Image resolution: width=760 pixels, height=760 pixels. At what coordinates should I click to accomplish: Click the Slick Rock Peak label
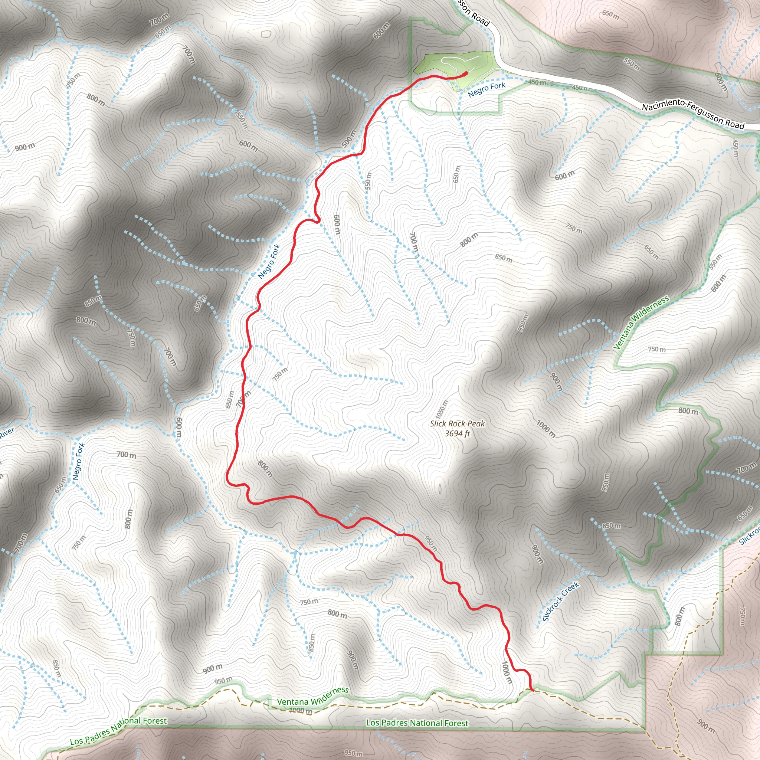pyautogui.click(x=457, y=424)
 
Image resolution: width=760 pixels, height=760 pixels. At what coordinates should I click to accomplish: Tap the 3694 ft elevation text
pyautogui.click(x=457, y=434)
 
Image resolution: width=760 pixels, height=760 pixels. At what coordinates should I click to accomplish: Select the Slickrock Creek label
pyautogui.click(x=561, y=602)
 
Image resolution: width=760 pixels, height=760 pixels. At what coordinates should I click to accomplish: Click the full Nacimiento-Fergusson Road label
pyautogui.click(x=693, y=116)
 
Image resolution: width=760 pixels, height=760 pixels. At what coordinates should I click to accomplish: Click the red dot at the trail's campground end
pyautogui.click(x=466, y=73)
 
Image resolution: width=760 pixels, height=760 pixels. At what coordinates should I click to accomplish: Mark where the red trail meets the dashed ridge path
pyautogui.click(x=532, y=689)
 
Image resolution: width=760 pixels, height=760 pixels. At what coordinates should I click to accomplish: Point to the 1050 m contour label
pyautogui.click(x=442, y=412)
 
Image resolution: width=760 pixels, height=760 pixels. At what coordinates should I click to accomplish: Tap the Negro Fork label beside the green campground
pyautogui.click(x=487, y=89)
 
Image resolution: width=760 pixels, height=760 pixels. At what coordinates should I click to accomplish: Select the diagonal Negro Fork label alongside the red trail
pyautogui.click(x=269, y=262)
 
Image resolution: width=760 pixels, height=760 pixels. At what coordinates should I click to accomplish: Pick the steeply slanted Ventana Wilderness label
pyautogui.click(x=641, y=322)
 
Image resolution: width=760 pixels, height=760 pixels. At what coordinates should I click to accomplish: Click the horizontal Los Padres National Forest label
pyautogui.click(x=417, y=723)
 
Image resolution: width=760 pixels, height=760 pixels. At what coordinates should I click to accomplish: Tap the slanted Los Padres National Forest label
pyautogui.click(x=118, y=730)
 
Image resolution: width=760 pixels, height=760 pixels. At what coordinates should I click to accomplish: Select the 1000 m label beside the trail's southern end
pyautogui.click(x=507, y=672)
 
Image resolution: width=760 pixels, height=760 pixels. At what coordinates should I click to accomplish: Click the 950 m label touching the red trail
pyautogui.click(x=431, y=543)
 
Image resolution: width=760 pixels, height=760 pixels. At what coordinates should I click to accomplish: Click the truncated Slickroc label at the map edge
pyautogui.click(x=749, y=535)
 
